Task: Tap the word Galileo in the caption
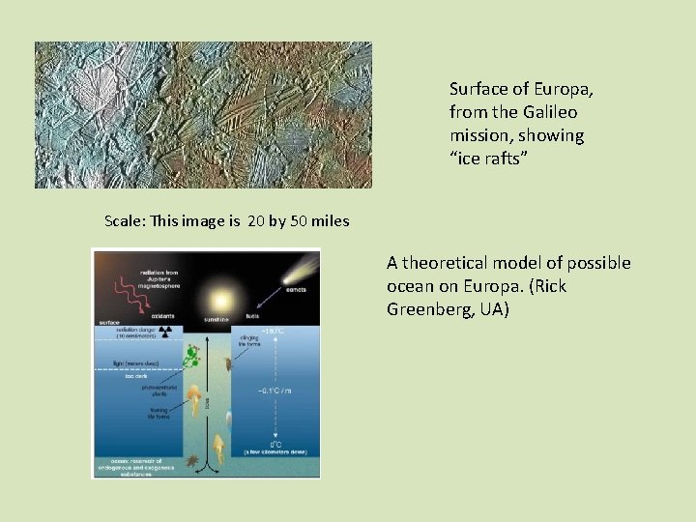(553, 112)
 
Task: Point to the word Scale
(125, 221)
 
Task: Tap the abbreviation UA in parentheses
(491, 309)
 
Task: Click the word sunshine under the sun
(217, 317)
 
